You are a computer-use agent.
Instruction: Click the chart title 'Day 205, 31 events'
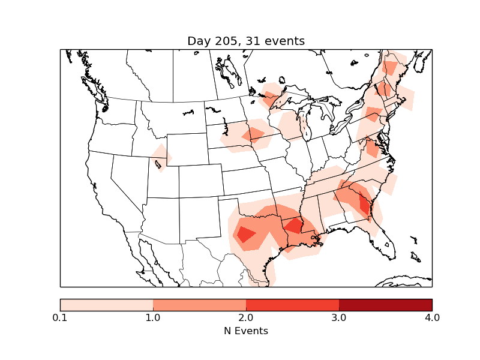click(246, 41)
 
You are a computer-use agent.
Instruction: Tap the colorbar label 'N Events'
click(246, 331)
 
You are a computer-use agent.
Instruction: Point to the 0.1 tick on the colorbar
click(60, 317)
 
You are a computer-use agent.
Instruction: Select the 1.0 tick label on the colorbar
click(153, 317)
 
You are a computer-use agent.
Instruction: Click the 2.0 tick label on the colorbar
click(246, 317)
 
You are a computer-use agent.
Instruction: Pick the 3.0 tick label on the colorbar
click(339, 317)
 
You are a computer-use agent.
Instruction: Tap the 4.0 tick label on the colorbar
click(432, 317)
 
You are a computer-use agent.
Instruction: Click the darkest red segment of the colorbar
click(385, 304)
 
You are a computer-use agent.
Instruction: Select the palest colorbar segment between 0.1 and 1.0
click(106, 304)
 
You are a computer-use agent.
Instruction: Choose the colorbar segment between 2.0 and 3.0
click(292, 304)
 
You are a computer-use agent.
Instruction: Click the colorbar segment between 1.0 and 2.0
click(199, 304)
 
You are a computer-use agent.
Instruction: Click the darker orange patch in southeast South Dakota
click(254, 134)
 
